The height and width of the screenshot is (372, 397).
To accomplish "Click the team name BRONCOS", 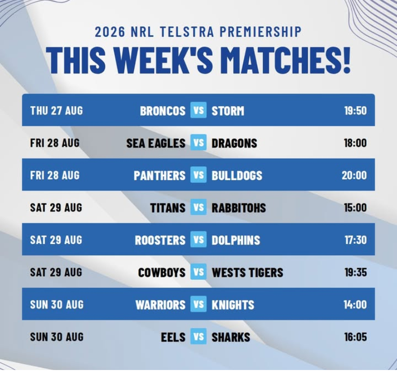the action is point(163,111).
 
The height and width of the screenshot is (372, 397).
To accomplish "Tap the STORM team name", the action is point(228,111).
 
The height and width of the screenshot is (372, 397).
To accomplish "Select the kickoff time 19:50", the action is point(355,111).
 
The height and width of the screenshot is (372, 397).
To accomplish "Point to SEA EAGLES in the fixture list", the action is point(156,143).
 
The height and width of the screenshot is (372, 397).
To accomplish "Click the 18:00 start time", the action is point(355,143).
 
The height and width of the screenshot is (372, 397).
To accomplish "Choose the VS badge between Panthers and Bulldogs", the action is point(198,175).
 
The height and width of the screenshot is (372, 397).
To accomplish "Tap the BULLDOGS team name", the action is point(237,176).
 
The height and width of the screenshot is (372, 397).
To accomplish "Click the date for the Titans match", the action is point(56,207).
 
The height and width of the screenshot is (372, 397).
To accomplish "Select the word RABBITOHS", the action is point(239,208).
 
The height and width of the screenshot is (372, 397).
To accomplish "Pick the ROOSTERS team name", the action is point(160,240).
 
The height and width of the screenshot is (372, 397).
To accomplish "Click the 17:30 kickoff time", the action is point(355,240).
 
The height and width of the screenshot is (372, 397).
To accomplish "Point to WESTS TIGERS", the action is point(247,272).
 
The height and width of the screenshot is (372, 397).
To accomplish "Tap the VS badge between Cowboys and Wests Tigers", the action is point(198,272).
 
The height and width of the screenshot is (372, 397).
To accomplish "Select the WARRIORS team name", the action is point(160,305).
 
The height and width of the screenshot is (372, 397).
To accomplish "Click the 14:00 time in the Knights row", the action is point(355,305).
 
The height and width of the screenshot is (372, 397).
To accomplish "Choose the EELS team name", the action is point(173,337).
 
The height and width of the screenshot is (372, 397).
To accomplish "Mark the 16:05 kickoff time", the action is point(355,337).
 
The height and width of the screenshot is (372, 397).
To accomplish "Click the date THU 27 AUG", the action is point(57,111).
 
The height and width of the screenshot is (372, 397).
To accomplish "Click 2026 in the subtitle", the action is point(110,32).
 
